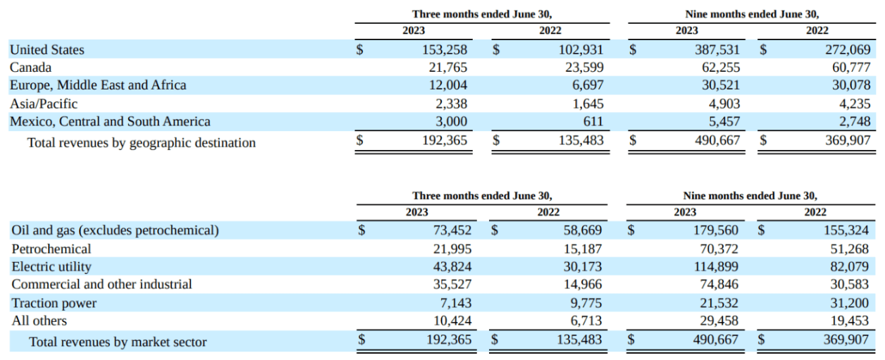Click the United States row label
coord(47,50)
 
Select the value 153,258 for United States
coord(442,50)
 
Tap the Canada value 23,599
coord(581,68)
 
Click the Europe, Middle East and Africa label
coord(98,85)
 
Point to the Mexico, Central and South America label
coord(110,121)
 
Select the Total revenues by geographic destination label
coord(141,143)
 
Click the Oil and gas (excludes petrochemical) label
coord(115,230)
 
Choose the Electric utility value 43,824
coord(448,267)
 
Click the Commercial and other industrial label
coord(101,285)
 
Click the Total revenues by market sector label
coord(118,342)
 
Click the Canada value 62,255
coord(717,68)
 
